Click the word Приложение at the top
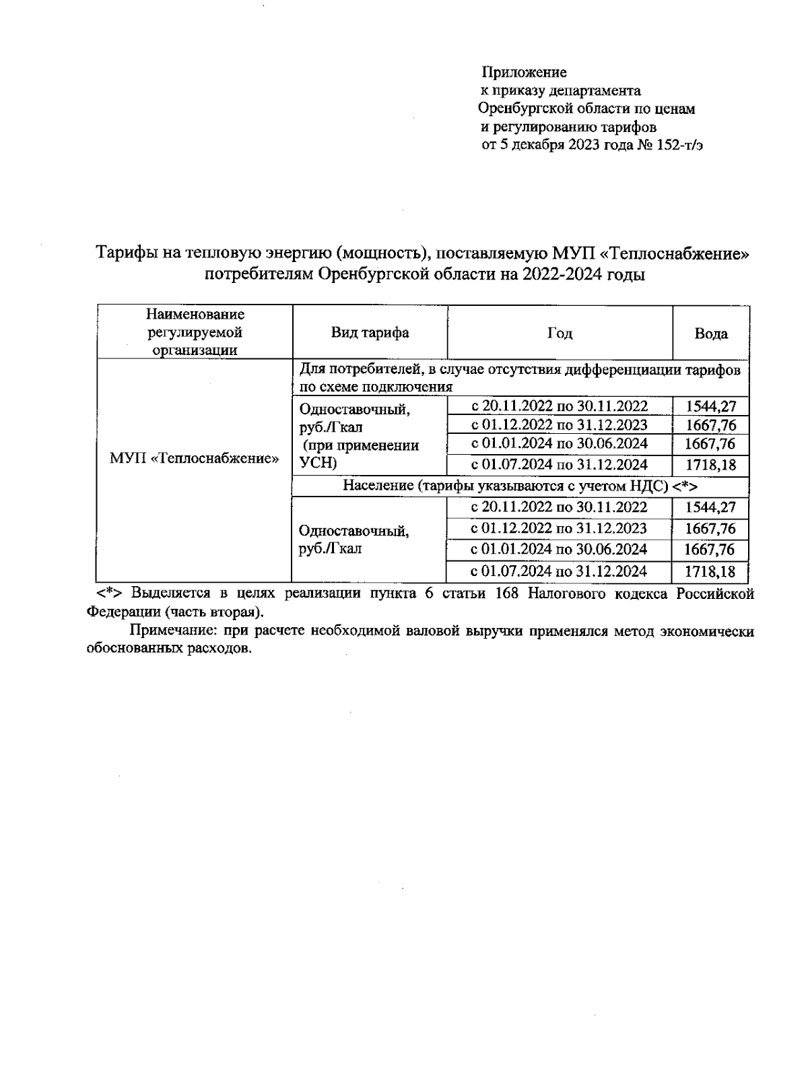pos(524,72)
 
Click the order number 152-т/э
pos(684,145)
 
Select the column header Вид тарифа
pos(370,333)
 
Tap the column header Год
pos(560,333)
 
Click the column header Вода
pos(711,333)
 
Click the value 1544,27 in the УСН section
pos(711,406)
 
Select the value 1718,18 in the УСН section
pos(711,465)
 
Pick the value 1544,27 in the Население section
pos(711,507)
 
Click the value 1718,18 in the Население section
pos(711,573)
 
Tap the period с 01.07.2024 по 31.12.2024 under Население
pos(559,572)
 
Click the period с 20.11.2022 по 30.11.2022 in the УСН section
pos(559,406)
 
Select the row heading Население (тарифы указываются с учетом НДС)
pos(520,486)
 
